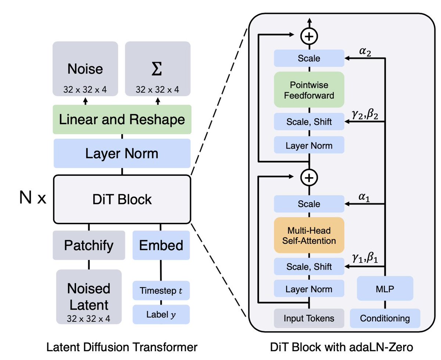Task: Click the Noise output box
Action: pyautogui.click(x=85, y=69)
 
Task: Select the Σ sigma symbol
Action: pyautogui.click(x=157, y=69)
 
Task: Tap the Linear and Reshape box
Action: pyautogui.click(x=122, y=120)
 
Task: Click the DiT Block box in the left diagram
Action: pyautogui.click(x=122, y=199)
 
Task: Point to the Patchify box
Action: pyautogui.click(x=89, y=245)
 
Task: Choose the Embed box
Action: pyautogui.click(x=161, y=245)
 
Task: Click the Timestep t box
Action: pyautogui.click(x=161, y=291)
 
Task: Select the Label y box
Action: pyautogui.click(x=161, y=314)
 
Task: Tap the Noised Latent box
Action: pyautogui.click(x=89, y=297)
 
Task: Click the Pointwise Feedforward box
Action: pyautogui.click(x=309, y=90)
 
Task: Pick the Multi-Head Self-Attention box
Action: pyautogui.click(x=309, y=235)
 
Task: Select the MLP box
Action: pyautogui.click(x=385, y=288)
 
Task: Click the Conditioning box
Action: pyautogui.click(x=385, y=318)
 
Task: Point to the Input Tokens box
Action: pyautogui.click(x=309, y=318)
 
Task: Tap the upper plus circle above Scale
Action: pyautogui.click(x=309, y=36)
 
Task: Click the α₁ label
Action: pyautogui.click(x=364, y=197)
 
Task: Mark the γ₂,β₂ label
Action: pyautogui.click(x=365, y=114)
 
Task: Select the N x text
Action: pyautogui.click(x=33, y=197)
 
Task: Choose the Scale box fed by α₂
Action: pyautogui.click(x=309, y=58)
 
